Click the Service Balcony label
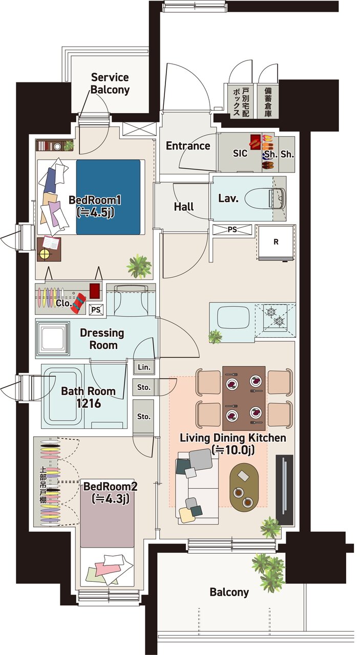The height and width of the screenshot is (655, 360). point(110,83)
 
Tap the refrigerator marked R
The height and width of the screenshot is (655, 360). point(276,243)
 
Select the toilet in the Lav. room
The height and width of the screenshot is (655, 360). point(265,199)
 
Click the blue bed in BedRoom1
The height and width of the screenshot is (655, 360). point(108,197)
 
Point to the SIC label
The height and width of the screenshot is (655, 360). point(240,153)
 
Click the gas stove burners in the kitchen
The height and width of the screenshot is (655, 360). point(275,316)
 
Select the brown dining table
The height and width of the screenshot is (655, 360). point(244,398)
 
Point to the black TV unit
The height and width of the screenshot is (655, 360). point(285,490)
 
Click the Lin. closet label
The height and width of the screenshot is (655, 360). point(144,367)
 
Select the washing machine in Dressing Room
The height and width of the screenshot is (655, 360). point(53,339)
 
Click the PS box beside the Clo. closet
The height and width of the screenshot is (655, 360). point(96,310)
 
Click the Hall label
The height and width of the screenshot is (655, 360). point(184,207)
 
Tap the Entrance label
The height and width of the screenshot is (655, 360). point(188,146)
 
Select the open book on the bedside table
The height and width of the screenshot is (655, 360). point(51,243)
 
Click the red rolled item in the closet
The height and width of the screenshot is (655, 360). point(79,304)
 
